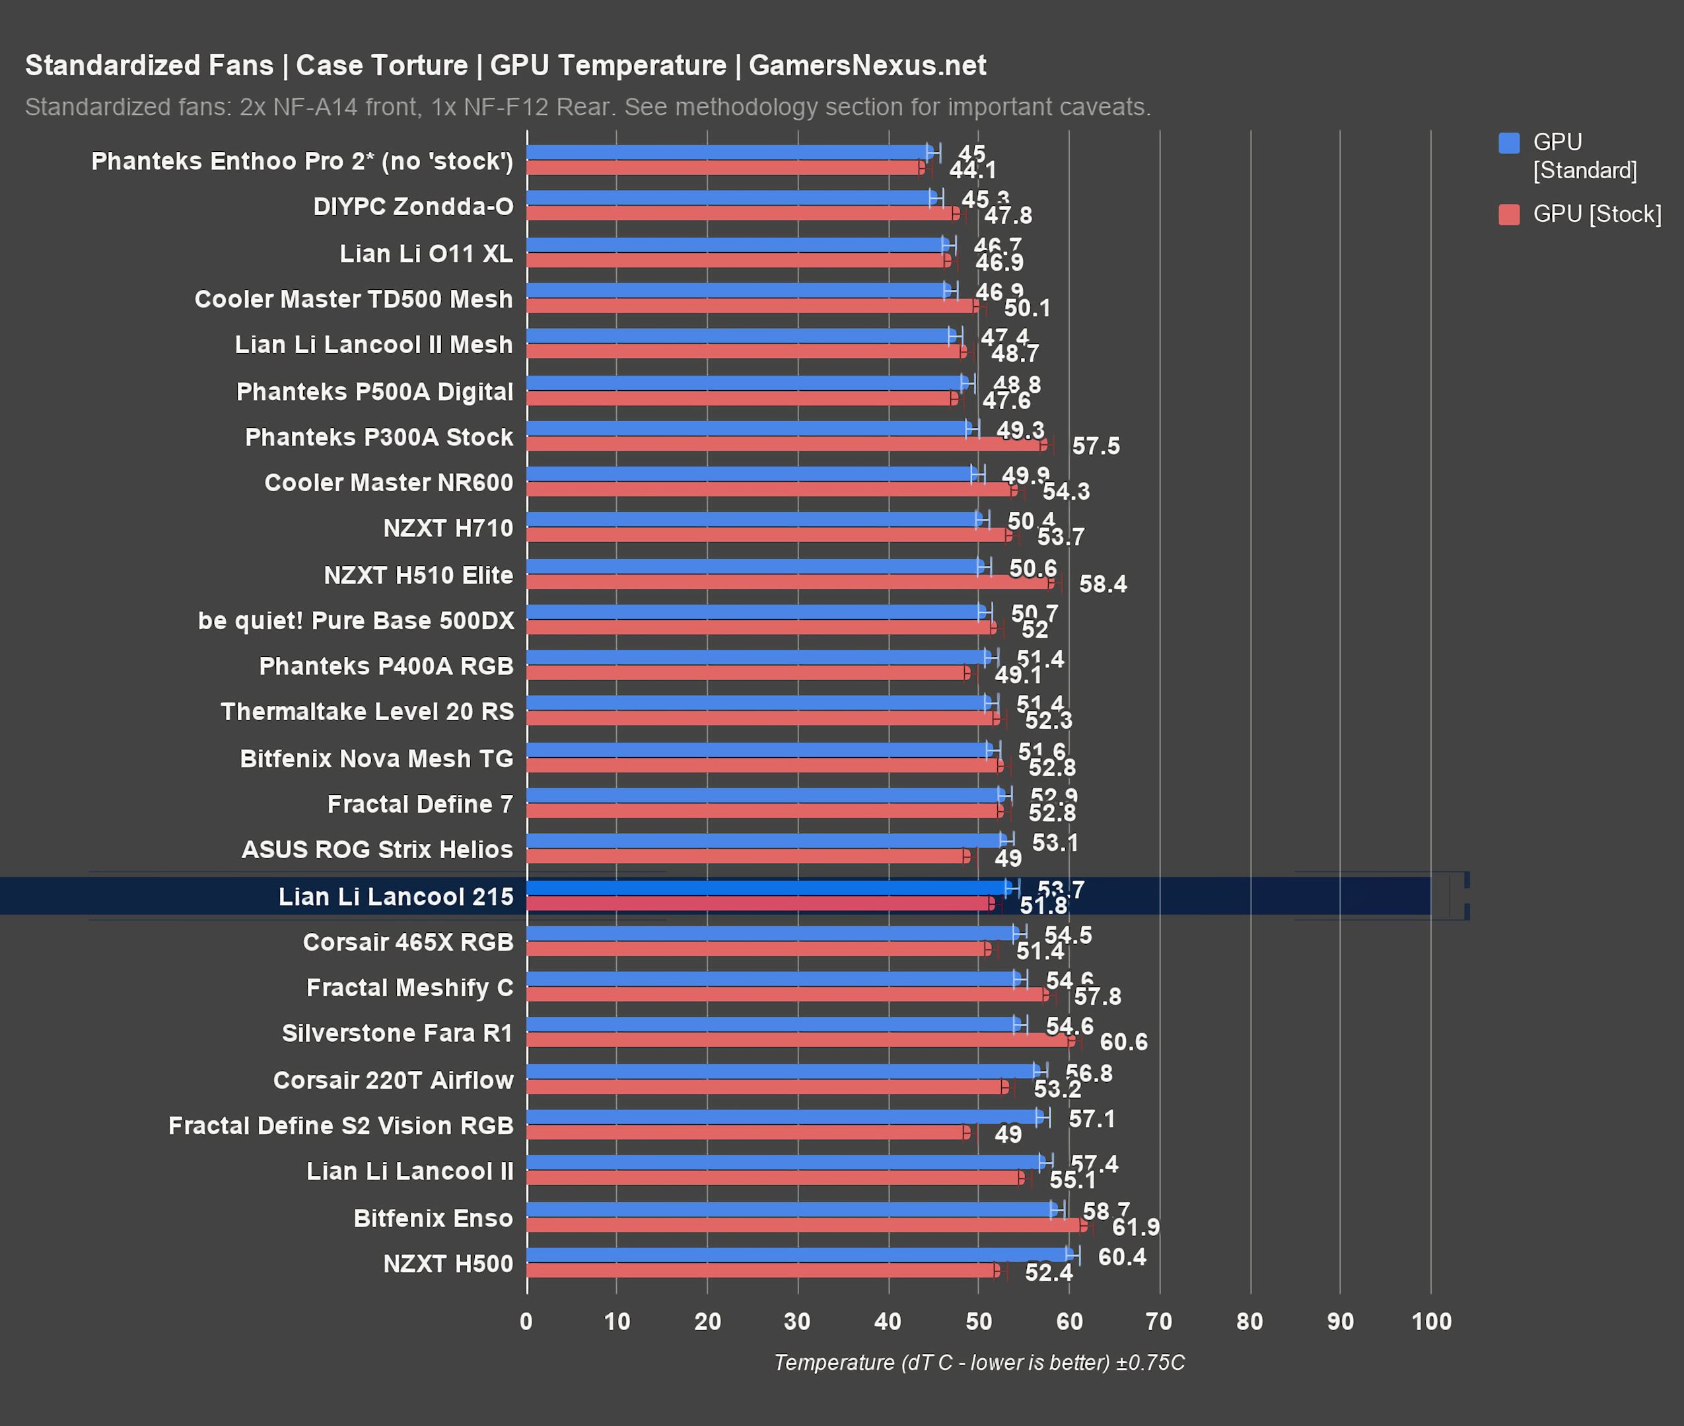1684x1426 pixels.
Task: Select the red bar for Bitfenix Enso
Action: tap(804, 1225)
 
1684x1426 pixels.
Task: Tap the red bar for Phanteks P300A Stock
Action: tap(784, 444)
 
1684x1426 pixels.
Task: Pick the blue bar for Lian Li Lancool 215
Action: tap(768, 887)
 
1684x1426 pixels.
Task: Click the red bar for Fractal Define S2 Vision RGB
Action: tap(748, 1133)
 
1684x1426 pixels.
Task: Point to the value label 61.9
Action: tap(1135, 1227)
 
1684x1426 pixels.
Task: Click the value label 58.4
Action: tap(1102, 584)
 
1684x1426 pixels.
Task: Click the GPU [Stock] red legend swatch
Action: tap(1508, 214)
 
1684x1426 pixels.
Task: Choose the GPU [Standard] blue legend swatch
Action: tap(1508, 143)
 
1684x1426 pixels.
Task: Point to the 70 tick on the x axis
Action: tap(1158, 1321)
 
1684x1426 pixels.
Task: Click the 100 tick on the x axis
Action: tap(1431, 1321)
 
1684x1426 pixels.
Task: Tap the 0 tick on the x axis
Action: tap(526, 1321)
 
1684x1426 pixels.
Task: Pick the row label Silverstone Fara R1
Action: tap(397, 1033)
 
